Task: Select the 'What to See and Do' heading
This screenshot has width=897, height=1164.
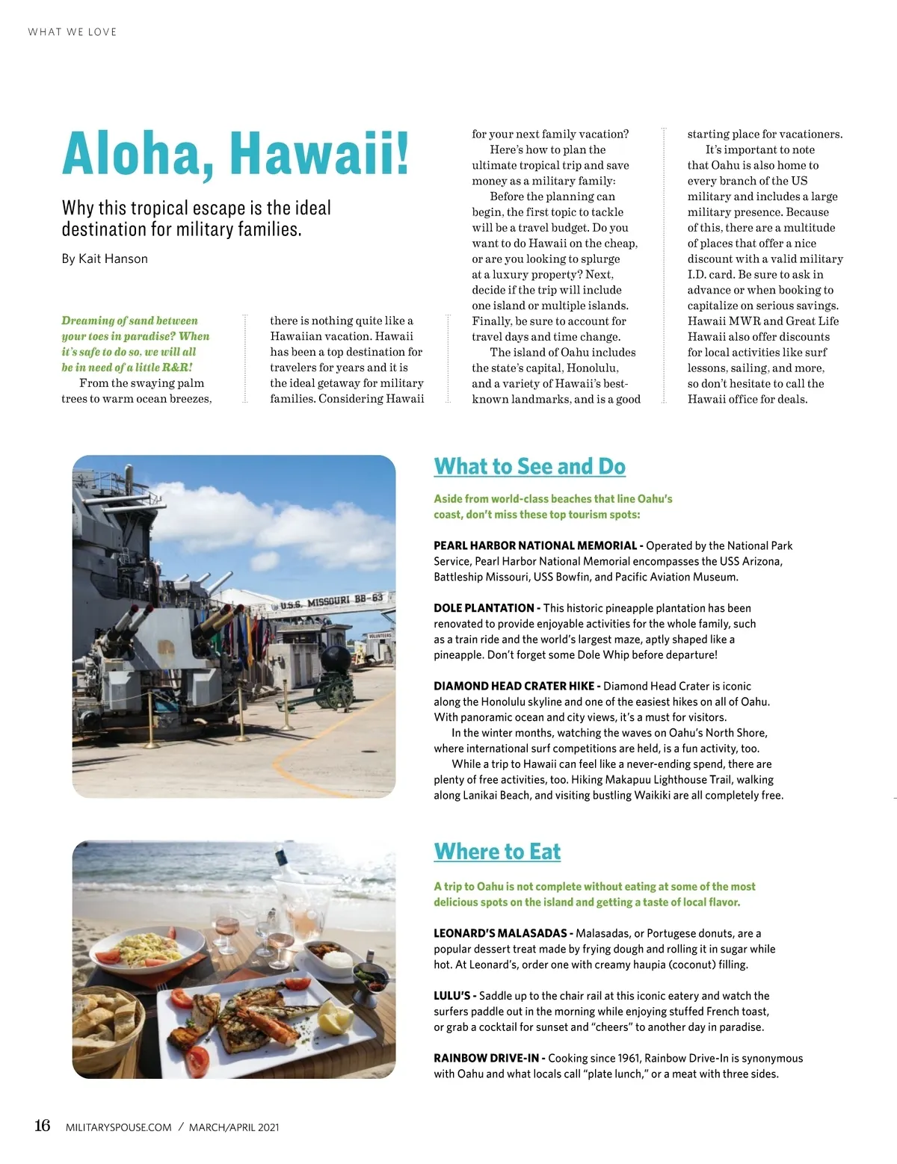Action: (x=529, y=466)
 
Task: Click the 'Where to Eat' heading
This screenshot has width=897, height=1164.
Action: (x=497, y=852)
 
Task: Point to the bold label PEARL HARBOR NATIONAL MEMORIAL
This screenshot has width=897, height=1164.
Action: (x=535, y=545)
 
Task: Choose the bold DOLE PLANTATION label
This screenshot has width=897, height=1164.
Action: (x=484, y=608)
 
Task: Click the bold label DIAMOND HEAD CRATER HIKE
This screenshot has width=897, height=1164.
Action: (x=514, y=686)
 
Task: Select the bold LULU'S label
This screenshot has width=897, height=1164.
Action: (x=451, y=996)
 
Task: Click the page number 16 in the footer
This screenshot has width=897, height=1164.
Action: (x=43, y=1126)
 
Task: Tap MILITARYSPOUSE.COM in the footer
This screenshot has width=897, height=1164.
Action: (x=119, y=1127)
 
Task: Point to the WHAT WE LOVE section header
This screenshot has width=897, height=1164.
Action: (x=73, y=32)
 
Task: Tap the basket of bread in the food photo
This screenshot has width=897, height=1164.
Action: (x=105, y=1022)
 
